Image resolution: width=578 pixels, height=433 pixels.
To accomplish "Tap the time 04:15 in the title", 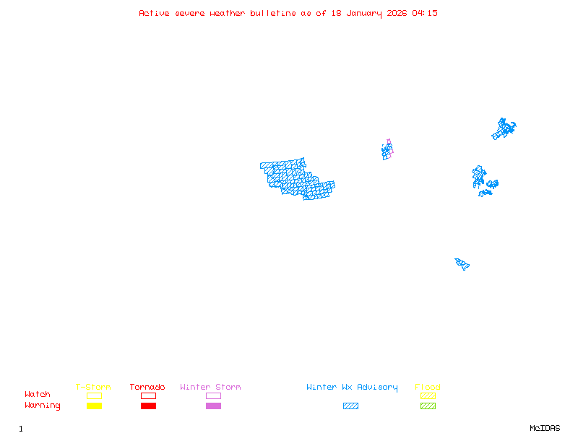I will click(x=425, y=13).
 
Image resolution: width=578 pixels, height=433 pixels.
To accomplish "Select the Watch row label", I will click(x=38, y=395).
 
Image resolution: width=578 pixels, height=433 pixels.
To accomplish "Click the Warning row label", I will click(x=43, y=406).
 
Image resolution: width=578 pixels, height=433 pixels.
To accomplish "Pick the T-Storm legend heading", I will click(x=93, y=387).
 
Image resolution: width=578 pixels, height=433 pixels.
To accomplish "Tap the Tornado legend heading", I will click(x=147, y=387).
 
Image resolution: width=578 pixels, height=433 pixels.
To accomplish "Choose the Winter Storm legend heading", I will click(x=210, y=387).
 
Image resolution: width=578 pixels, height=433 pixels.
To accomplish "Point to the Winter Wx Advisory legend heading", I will click(x=352, y=387).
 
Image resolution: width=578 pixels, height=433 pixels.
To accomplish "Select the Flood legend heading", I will click(x=428, y=387).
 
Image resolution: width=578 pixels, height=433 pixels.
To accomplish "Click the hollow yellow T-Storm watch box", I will click(x=94, y=395).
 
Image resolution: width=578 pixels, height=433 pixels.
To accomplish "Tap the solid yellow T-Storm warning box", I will click(x=94, y=406).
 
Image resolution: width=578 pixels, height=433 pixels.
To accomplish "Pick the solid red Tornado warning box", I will click(x=148, y=406).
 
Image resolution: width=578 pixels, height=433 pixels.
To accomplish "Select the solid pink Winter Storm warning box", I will click(x=213, y=406).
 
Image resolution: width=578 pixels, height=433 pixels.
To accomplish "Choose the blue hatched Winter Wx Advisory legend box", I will click(x=350, y=406).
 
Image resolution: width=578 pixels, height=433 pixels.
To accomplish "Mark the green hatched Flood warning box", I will click(x=428, y=406).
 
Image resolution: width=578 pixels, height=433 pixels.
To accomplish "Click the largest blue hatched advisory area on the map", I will click(x=296, y=178).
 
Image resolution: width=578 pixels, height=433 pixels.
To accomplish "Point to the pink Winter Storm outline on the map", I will click(x=389, y=144).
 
